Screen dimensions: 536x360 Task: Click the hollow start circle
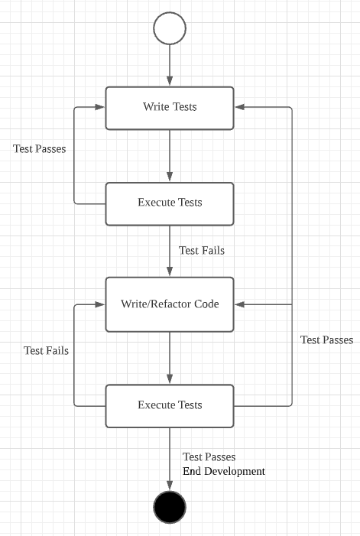point(169,29)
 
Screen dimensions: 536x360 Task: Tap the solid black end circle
point(169,505)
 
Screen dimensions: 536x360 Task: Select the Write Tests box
point(169,107)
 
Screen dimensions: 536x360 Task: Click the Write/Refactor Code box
point(169,304)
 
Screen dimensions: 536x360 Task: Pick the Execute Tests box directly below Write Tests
point(169,203)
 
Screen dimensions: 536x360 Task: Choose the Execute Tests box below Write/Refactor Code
point(169,405)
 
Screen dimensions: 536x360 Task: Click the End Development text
point(223,472)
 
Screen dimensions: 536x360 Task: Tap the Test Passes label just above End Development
point(209,457)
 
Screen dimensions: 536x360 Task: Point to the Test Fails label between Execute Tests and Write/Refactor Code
point(201,250)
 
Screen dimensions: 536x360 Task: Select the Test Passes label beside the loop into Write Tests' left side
point(39,149)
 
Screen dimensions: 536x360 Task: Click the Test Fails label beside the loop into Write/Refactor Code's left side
point(46,351)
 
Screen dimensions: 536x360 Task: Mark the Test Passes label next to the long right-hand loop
point(326,339)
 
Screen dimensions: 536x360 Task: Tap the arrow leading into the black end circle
point(169,459)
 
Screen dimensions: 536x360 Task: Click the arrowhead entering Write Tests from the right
point(239,107)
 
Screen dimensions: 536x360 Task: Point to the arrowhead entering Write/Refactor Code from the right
point(239,304)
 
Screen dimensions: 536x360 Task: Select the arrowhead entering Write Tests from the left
point(99,107)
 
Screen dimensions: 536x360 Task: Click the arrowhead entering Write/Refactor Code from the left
point(99,304)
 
